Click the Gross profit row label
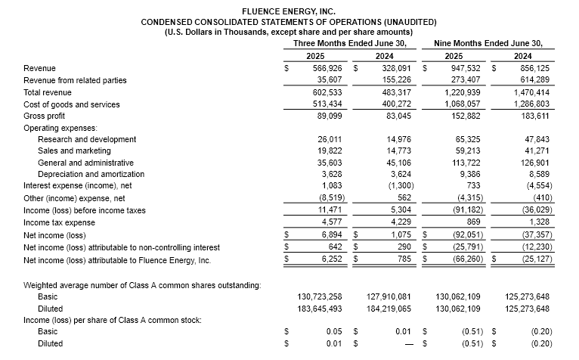pyautogui.click(x=45, y=116)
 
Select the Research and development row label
pyautogui.click(x=85, y=139)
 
